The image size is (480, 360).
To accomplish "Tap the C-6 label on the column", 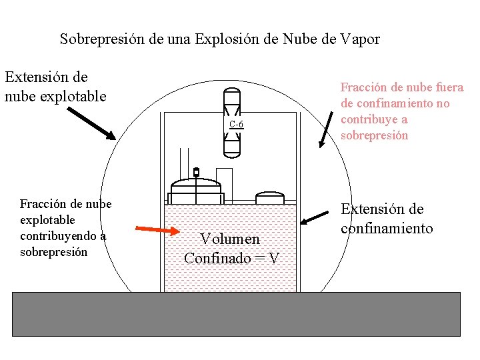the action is click(x=236, y=124).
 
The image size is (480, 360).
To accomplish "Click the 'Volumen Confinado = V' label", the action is click(x=231, y=248).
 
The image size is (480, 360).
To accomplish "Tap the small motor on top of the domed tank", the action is click(x=196, y=172).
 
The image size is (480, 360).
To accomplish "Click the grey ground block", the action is click(x=236, y=313).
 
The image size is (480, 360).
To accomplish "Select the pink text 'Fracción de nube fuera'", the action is click(x=401, y=87).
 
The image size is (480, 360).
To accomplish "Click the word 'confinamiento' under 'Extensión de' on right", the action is click(x=387, y=229).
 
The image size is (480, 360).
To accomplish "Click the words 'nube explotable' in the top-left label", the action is click(x=55, y=96).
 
